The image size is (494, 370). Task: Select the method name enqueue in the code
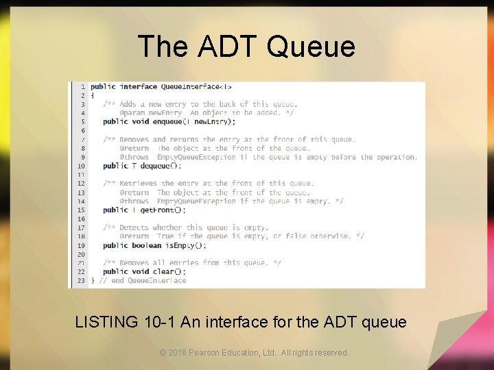coord(168,122)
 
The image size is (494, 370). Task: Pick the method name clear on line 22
coord(163,271)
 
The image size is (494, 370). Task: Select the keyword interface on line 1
coord(139,87)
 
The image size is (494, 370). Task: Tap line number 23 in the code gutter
coord(81,280)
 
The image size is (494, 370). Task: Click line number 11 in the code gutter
coord(81,175)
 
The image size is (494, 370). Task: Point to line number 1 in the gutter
coord(83,87)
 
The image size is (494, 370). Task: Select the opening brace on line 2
coord(93,96)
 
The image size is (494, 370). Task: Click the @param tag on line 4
coord(132,113)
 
